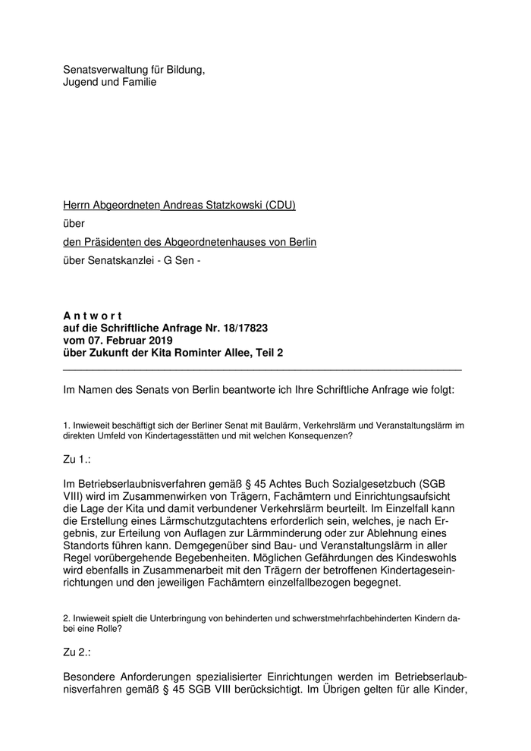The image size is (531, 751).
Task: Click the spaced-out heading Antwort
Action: [89, 316]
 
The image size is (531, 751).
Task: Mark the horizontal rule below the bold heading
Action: [262, 369]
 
